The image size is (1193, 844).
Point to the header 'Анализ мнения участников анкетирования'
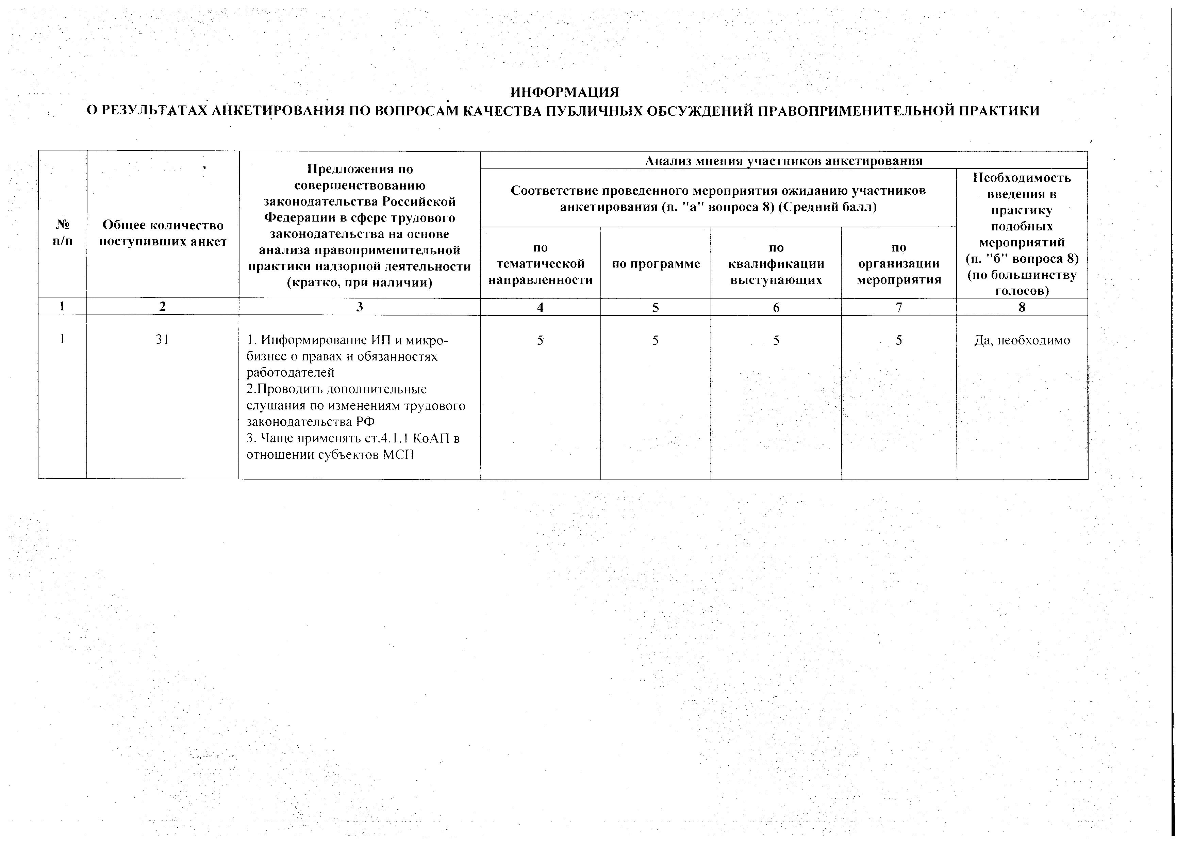coord(783,161)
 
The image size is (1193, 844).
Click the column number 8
coord(1022,307)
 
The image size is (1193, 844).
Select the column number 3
coord(360,307)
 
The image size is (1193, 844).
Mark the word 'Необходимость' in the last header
coord(1022,178)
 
